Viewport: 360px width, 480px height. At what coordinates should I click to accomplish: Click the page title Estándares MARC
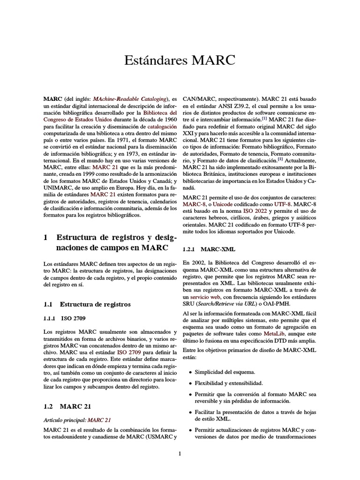click(180, 60)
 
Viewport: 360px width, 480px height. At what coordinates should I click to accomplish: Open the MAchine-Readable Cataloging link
click(130, 99)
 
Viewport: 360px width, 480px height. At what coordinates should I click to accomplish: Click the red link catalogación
click(162, 127)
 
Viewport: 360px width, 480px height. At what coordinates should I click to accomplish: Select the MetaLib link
click(274, 333)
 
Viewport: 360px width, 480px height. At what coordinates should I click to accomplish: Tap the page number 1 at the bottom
click(180, 453)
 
